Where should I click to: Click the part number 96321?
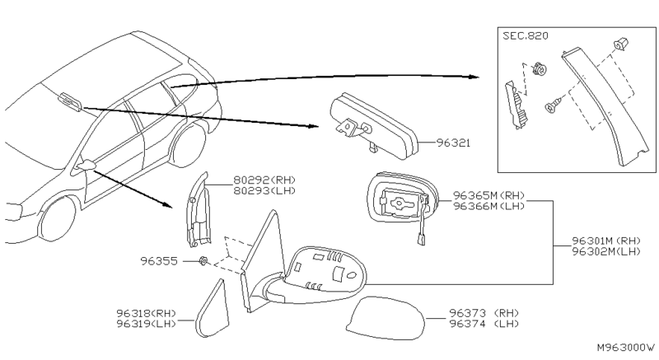click(x=452, y=143)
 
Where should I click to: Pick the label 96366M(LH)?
click(x=488, y=208)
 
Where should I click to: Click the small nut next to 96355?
click(x=202, y=261)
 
